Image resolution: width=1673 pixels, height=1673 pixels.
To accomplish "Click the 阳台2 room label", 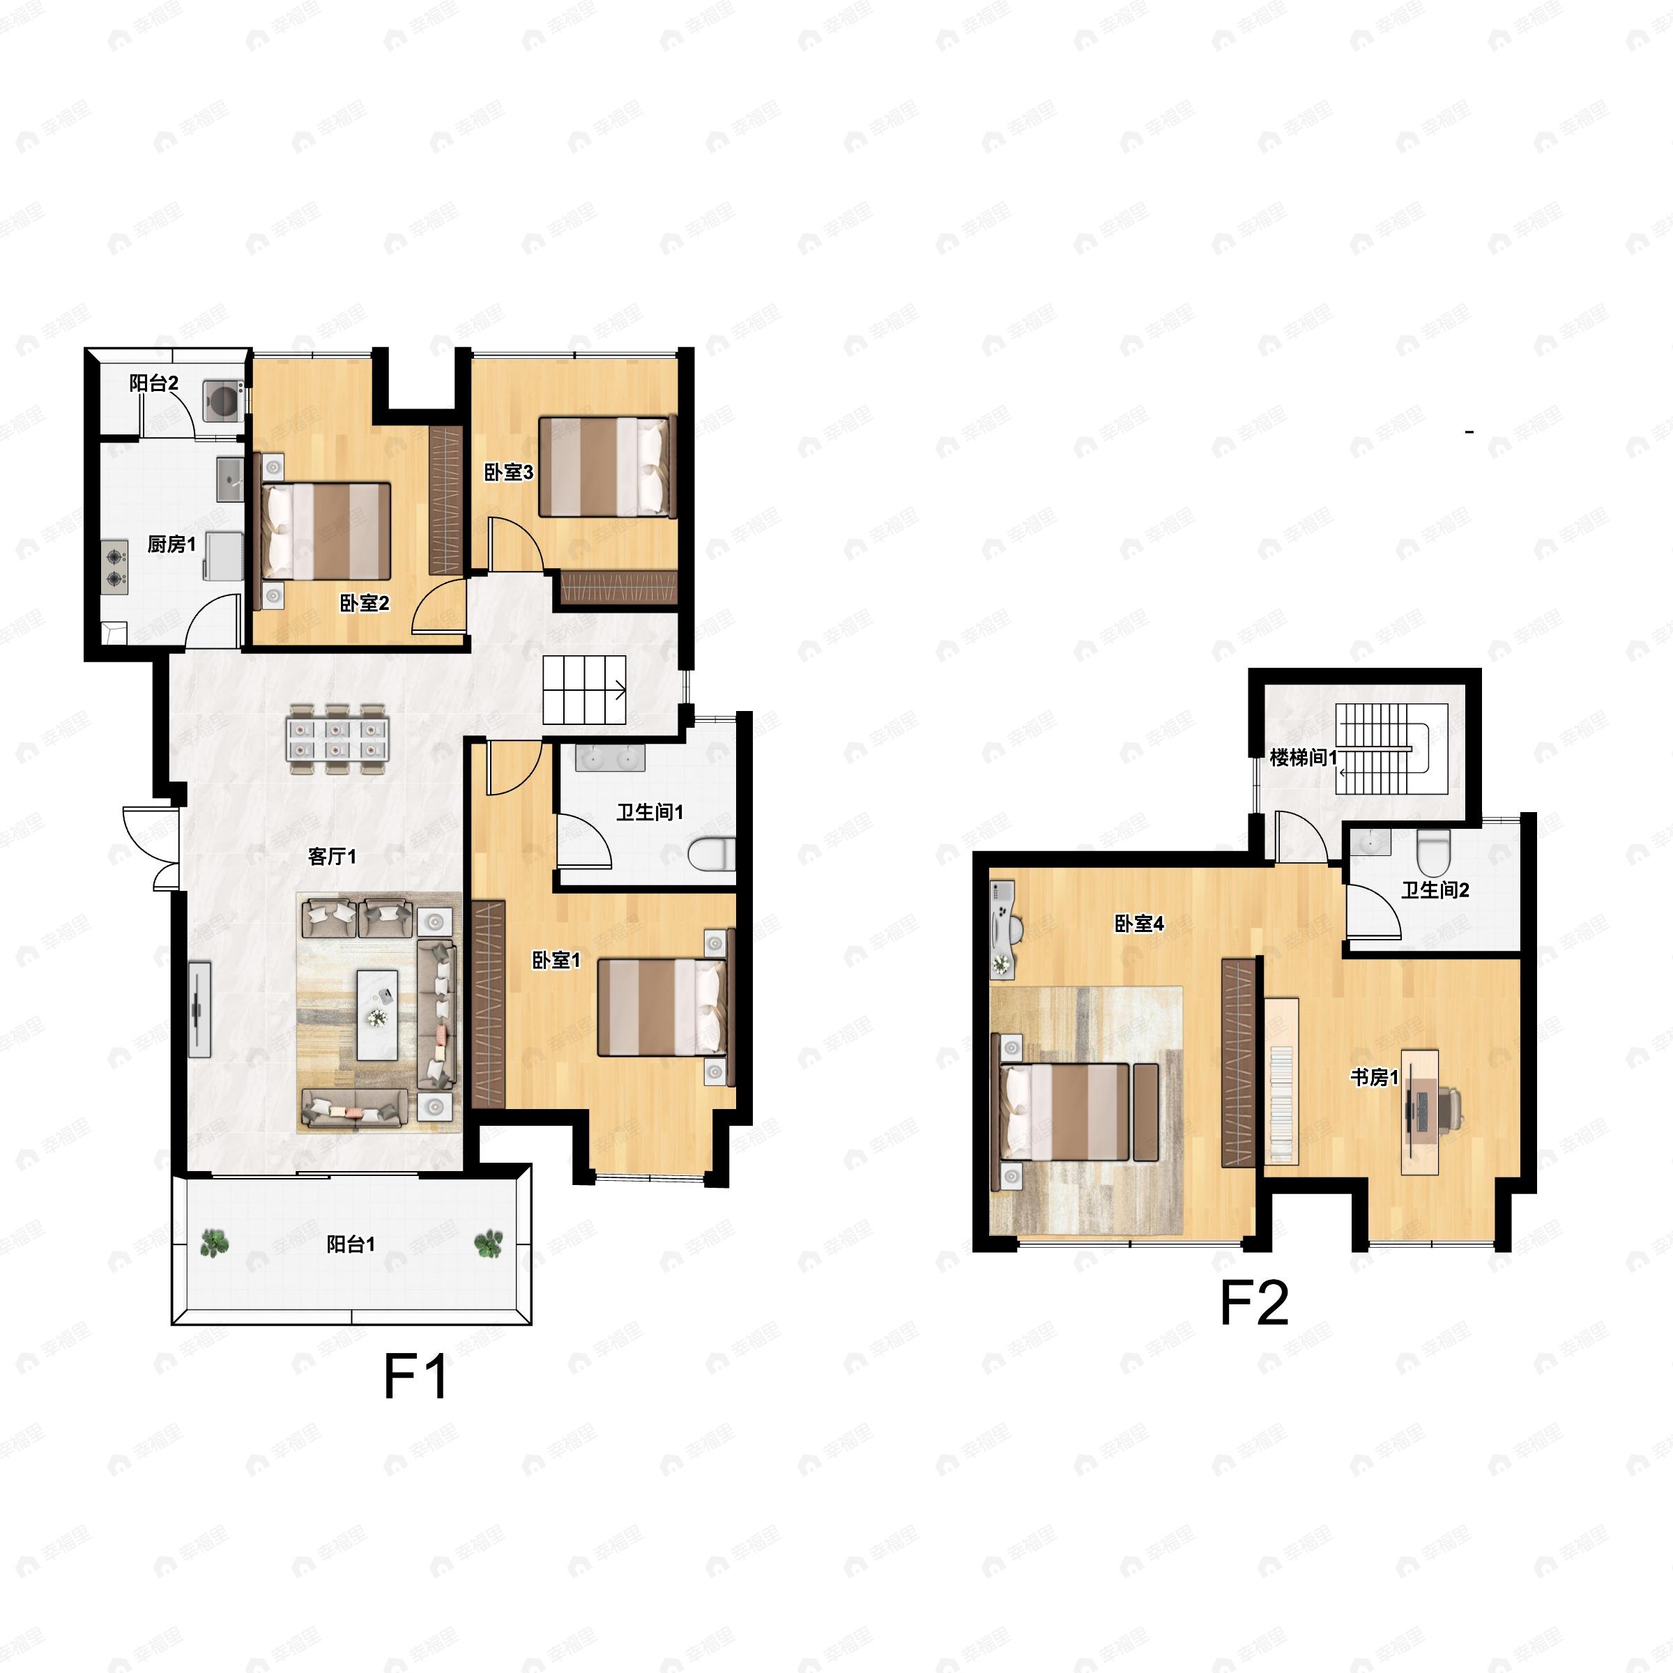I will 154,383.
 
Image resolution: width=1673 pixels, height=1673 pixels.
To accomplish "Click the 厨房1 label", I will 171,544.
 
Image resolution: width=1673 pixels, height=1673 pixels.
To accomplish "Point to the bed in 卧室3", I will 606,467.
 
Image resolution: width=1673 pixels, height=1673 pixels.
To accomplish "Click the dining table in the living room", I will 337,737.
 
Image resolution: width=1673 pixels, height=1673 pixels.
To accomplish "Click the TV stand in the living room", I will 200,1009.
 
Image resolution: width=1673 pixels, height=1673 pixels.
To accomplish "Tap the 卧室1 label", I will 555,959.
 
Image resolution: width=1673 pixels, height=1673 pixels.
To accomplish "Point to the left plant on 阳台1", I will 214,1244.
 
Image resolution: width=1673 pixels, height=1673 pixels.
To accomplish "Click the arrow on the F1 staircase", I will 620,690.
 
